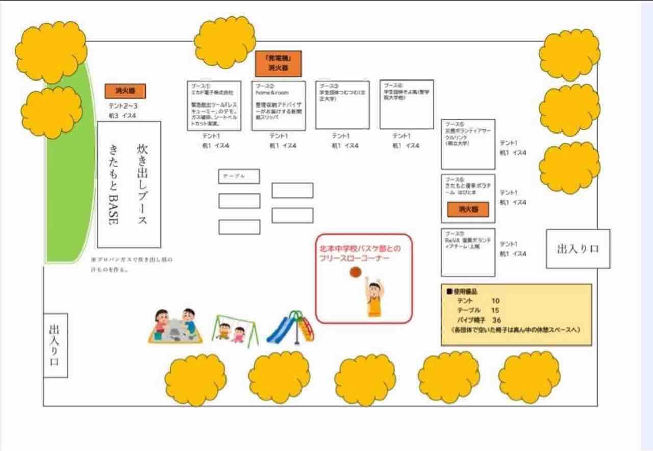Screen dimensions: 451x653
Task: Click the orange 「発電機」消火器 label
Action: pos(278,64)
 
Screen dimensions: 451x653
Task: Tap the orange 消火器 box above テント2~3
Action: pos(125,91)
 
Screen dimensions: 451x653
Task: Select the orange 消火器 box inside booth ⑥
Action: pos(468,209)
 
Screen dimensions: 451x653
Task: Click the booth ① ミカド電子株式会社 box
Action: pos(214,105)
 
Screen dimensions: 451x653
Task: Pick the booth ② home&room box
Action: pos(279,105)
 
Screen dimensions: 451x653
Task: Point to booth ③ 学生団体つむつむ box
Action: pos(342,104)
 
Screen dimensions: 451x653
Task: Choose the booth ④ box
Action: pos(406,104)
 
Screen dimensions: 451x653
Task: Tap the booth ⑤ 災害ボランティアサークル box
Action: pos(468,144)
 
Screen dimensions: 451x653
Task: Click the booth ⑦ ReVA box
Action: pos(468,252)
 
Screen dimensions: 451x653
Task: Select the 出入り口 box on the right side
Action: pos(578,249)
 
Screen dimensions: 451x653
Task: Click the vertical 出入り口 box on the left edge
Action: pos(55,345)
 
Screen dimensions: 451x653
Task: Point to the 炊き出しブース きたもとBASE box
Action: pos(129,184)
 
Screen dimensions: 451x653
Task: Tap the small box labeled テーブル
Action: pos(239,176)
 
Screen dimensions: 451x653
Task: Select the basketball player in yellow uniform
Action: pos(374,298)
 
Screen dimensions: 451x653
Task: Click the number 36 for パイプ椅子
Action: pos(496,320)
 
